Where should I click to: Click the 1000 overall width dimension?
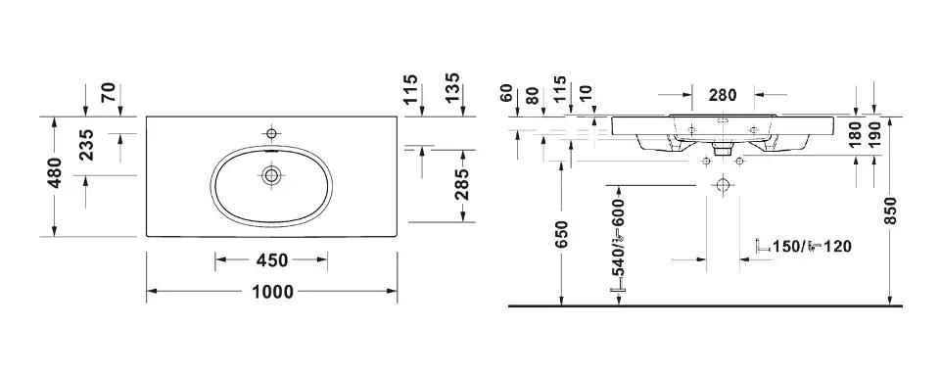pos(273,292)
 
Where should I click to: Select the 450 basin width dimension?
pos(272,260)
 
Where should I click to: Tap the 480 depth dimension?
pos(55,172)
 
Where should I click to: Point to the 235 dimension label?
pos(86,145)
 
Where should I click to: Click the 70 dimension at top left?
pos(109,94)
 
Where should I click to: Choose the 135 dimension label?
pos(452,88)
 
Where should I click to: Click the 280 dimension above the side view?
pos(723,95)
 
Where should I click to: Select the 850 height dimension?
pos(891,210)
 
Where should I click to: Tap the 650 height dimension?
pos(561,234)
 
